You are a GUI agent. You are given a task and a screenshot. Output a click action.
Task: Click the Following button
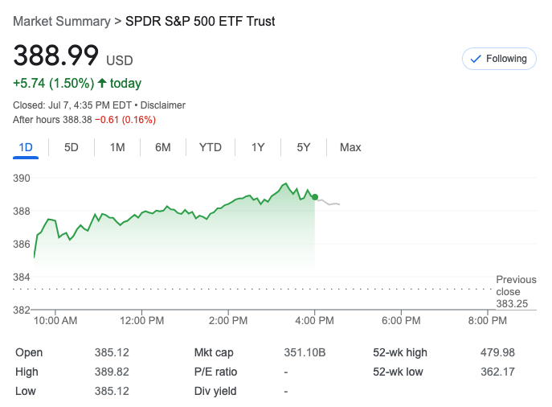point(499,59)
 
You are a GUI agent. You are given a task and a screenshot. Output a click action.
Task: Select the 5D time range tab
point(72,147)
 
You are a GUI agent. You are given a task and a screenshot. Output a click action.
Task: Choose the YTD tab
point(211,147)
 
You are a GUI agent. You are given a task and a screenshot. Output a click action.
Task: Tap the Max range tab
point(350,147)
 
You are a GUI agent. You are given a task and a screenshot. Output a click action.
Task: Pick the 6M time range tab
point(163,147)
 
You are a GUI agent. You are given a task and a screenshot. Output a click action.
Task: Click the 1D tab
point(26,147)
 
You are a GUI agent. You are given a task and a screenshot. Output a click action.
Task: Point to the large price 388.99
point(56,55)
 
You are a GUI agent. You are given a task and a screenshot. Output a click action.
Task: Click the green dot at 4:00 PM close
point(315,197)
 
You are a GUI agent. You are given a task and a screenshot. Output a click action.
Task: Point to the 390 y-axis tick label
point(22,178)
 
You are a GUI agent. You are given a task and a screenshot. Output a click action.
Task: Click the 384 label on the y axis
point(22,277)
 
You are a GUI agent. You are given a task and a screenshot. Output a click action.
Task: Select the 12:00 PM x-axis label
point(142,320)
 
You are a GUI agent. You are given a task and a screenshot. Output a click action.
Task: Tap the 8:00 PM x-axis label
point(488,320)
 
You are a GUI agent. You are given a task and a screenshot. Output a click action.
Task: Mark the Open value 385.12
point(112,352)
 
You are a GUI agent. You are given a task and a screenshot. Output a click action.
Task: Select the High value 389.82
point(112,372)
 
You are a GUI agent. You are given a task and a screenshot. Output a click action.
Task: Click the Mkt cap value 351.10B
point(305,352)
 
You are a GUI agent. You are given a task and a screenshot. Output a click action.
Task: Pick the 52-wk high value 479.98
point(498,352)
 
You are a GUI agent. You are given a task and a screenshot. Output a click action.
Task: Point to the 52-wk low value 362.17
point(498,372)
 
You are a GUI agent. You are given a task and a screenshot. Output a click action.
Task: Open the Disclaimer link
point(163,105)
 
